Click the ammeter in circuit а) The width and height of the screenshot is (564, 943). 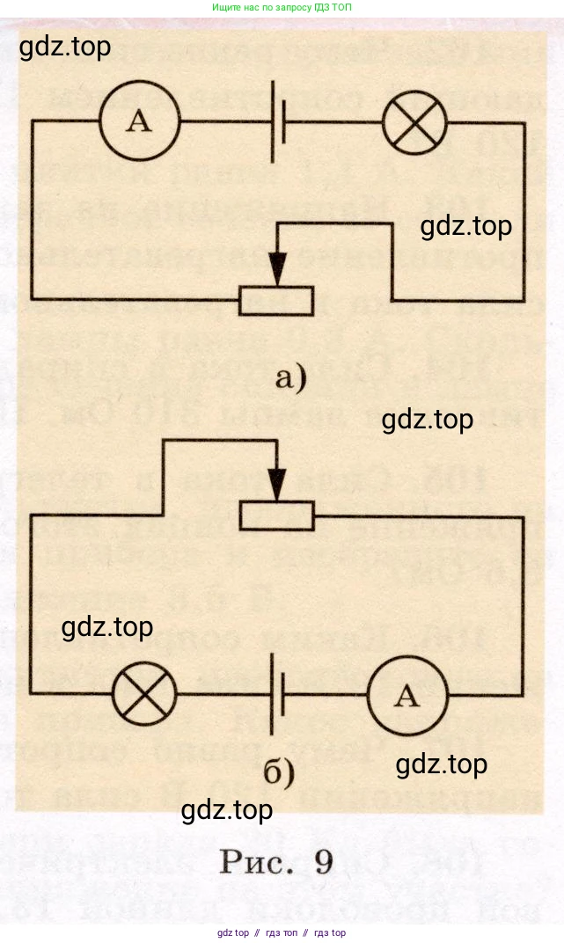tap(138, 122)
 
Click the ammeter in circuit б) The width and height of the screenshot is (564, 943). tap(406, 695)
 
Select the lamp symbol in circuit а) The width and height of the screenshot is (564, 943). tap(414, 122)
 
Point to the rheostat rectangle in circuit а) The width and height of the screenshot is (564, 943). tap(276, 302)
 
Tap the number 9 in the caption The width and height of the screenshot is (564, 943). tap(323, 861)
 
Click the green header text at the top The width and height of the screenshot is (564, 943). tap(282, 7)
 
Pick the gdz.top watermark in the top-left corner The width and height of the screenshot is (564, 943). tap(65, 46)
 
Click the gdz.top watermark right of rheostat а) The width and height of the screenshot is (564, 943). tap(465, 226)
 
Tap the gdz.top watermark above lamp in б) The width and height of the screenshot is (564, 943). tap(107, 627)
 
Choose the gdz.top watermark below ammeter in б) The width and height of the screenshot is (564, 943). tap(441, 764)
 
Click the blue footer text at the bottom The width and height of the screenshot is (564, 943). tap(282, 933)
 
